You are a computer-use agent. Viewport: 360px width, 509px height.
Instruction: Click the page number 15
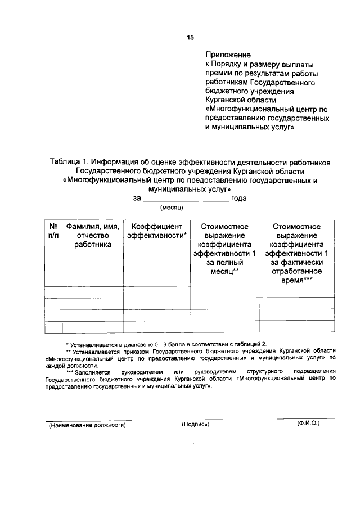(190, 37)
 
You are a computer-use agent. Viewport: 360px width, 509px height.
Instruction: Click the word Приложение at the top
(227, 55)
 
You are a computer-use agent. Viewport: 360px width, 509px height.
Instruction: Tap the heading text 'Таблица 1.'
(69, 162)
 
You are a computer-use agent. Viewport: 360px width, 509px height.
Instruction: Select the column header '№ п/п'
(53, 231)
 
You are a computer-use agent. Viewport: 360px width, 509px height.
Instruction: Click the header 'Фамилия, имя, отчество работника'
(92, 235)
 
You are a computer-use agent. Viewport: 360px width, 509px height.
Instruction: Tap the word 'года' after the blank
(238, 198)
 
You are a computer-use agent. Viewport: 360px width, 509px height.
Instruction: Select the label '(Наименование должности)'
(87, 425)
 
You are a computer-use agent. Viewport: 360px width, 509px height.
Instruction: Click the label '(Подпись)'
(195, 425)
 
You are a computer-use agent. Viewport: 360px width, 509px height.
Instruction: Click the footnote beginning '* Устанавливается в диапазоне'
(166, 343)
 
